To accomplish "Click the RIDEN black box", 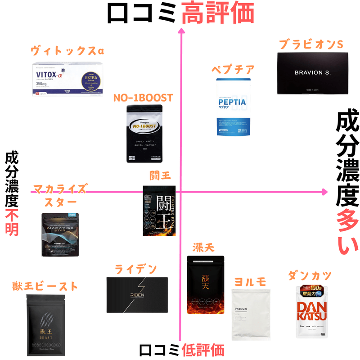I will point(137,295).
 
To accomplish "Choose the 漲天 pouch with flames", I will point(205,285).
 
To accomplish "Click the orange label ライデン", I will point(135,269).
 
